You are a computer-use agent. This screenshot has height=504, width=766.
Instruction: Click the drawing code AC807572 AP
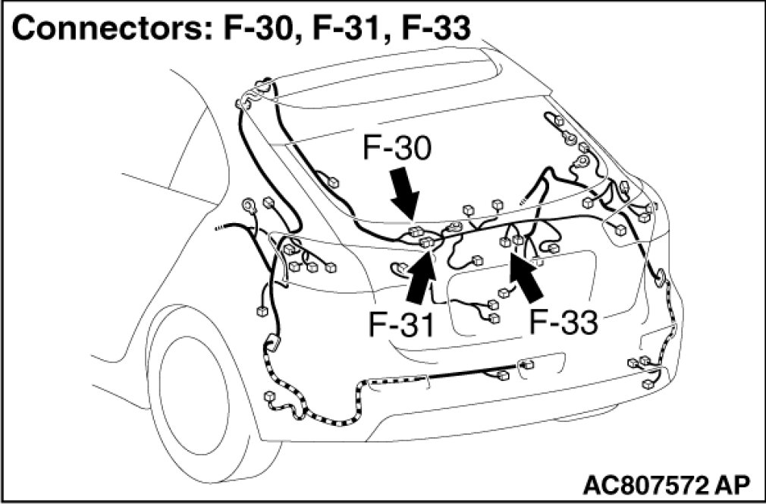pyautogui.click(x=667, y=483)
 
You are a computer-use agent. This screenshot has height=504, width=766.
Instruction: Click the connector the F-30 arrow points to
pyautogui.click(x=415, y=231)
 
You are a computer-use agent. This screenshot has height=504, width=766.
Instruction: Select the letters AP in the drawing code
pyautogui.click(x=735, y=483)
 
